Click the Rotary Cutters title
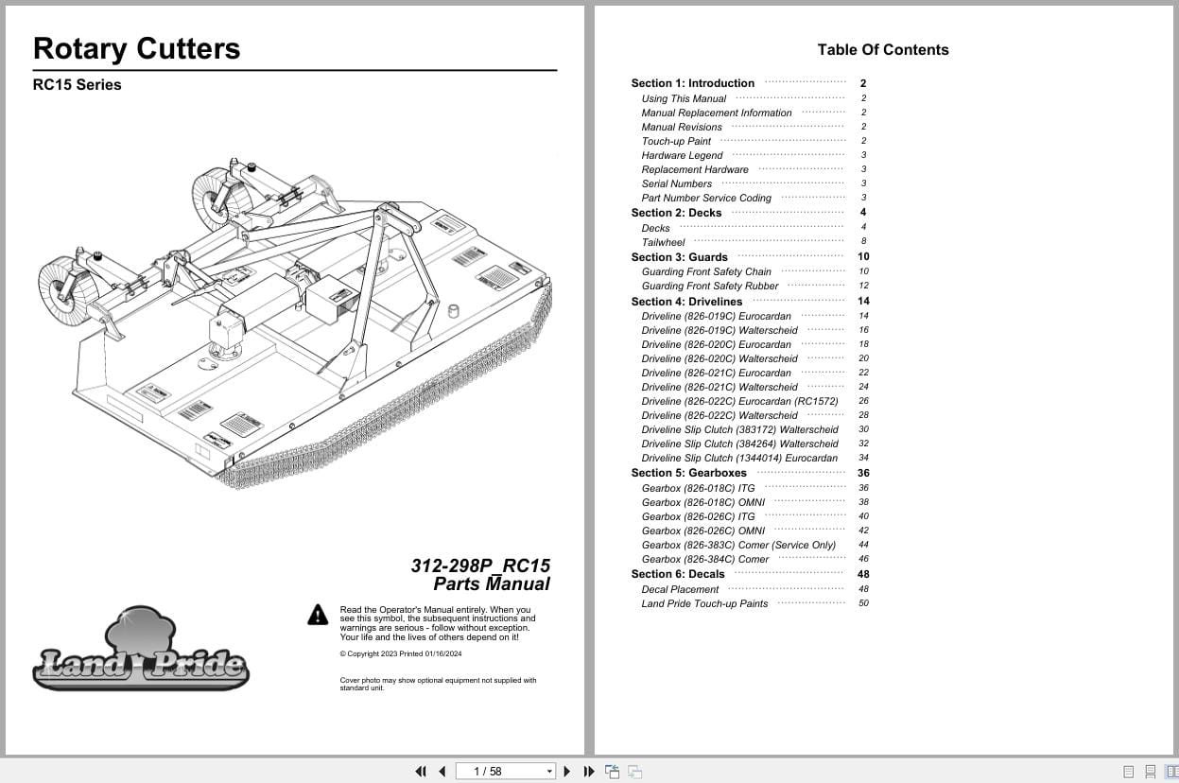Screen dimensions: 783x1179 click(x=136, y=49)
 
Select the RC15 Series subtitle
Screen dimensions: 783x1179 click(x=77, y=85)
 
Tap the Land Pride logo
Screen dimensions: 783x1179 click(x=140, y=652)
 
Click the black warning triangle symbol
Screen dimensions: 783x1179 click(x=318, y=616)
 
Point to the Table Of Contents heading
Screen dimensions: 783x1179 click(x=882, y=50)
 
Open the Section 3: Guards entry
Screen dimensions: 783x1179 click(x=679, y=257)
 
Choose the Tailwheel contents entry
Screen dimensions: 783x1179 click(x=663, y=243)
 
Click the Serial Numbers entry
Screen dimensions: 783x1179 click(x=676, y=184)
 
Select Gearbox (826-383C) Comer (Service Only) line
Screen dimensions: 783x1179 click(x=738, y=546)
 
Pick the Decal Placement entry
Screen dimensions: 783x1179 click(x=680, y=590)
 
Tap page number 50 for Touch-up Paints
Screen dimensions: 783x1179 click(x=863, y=603)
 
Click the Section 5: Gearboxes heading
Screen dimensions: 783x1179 click(x=688, y=474)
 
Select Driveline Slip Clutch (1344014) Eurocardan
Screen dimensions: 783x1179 click(x=739, y=459)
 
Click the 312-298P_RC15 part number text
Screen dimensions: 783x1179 click(x=480, y=565)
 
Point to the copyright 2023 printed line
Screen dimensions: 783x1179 click(x=400, y=654)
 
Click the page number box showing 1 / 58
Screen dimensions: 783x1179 click(x=505, y=772)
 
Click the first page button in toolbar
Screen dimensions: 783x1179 click(x=421, y=772)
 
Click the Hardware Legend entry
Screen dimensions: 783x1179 click(x=682, y=156)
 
